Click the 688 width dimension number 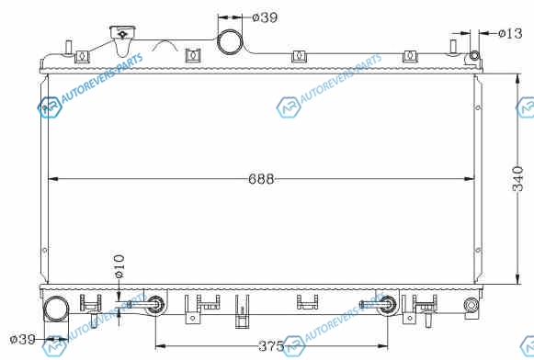coord(261,179)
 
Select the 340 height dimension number coord(517,179)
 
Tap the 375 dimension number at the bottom coord(271,346)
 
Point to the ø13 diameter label coord(510,33)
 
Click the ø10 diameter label coord(119,266)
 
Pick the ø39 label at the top coord(265,17)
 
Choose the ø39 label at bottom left coord(22,339)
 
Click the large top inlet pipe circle coord(230,42)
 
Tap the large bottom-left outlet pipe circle coord(56,309)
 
